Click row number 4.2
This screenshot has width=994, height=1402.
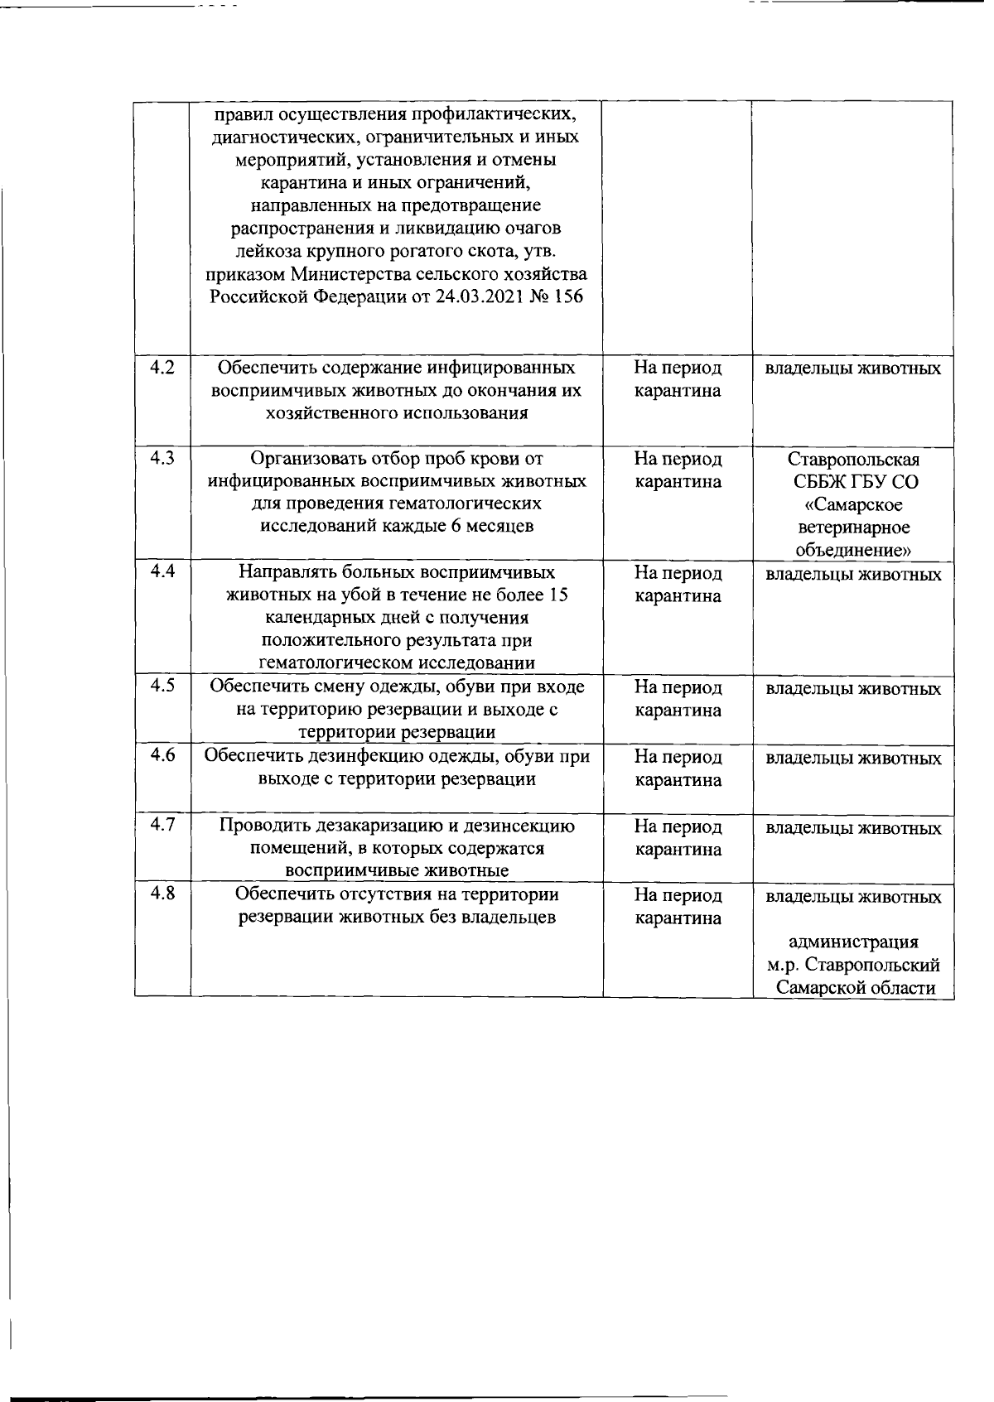click(x=162, y=368)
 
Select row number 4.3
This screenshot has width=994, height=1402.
click(x=162, y=458)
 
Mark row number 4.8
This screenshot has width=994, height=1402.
click(x=162, y=894)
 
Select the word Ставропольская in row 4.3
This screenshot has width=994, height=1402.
click(x=853, y=460)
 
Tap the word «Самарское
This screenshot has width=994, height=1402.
click(x=853, y=505)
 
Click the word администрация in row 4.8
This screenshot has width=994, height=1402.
click(x=853, y=942)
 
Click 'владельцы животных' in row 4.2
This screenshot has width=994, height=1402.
click(x=853, y=369)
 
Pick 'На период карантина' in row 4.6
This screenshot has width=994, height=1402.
click(x=678, y=768)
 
